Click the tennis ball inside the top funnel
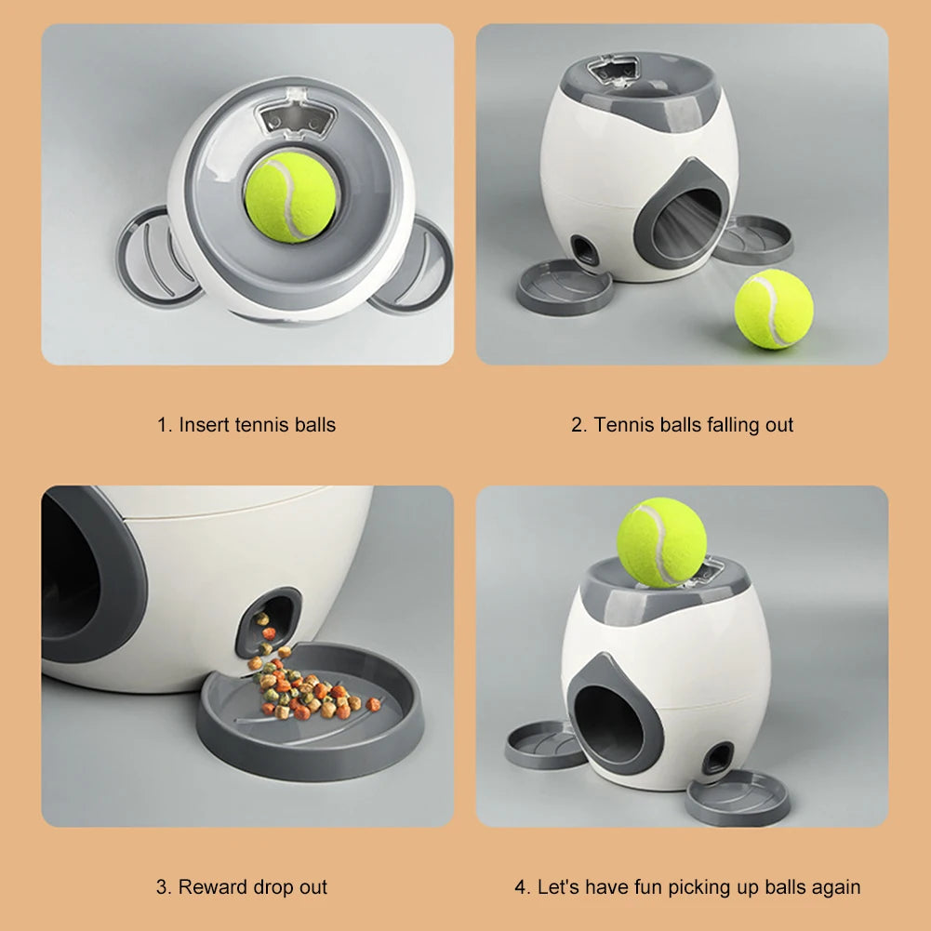(290, 197)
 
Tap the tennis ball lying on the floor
(773, 309)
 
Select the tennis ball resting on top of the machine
(661, 542)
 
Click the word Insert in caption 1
(205, 425)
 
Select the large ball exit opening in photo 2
(685, 223)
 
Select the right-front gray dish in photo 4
(738, 796)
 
